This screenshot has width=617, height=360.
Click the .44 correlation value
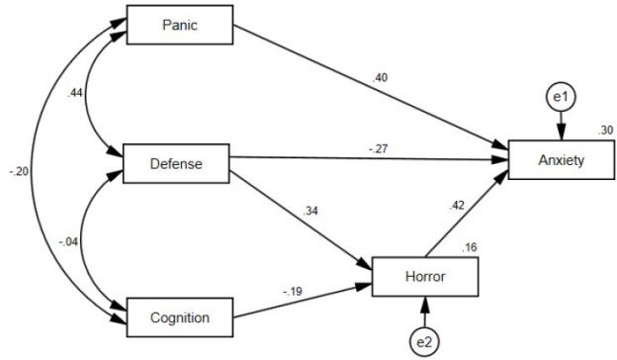point(73,94)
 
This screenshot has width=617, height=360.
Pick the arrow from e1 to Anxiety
point(562,127)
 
